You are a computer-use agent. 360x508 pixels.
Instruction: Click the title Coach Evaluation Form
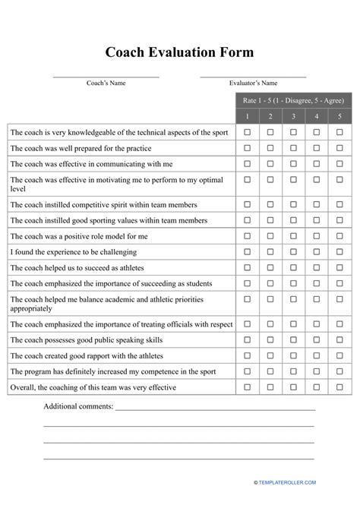(179, 52)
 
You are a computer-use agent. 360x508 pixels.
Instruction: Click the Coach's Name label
(106, 83)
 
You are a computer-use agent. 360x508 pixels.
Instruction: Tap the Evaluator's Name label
(253, 83)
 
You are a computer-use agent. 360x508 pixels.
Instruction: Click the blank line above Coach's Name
(106, 77)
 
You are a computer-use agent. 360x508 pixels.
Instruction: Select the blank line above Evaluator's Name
(253, 77)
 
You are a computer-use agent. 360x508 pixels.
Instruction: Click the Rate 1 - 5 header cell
(293, 100)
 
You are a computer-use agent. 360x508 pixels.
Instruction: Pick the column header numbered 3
(293, 116)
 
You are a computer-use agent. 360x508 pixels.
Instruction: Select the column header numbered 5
(339, 116)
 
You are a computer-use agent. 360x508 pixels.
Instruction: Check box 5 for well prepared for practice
(339, 148)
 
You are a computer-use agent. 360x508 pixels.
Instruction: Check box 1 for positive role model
(247, 236)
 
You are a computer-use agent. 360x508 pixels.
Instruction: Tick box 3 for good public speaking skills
(293, 339)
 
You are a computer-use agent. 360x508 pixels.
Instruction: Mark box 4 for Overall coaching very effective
(317, 387)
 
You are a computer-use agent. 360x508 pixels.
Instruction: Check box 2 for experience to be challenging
(270, 252)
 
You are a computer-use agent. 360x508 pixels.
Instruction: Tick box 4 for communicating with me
(317, 163)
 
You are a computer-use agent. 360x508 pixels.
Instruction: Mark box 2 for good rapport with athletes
(270, 355)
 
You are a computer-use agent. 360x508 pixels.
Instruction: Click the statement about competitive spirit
(103, 205)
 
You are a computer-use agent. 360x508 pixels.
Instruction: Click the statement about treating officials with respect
(122, 324)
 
